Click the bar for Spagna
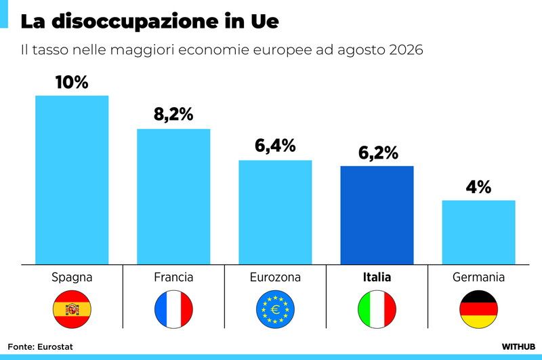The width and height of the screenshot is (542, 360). coord(72,180)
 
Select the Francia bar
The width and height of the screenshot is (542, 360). coord(173,197)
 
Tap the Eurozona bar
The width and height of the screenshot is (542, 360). coord(275,212)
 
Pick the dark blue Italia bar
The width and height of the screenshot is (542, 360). coord(377,215)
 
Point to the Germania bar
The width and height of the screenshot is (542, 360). coord(479,233)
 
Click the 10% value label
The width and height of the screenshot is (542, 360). coord(72,82)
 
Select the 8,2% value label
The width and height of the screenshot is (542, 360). coord(173,115)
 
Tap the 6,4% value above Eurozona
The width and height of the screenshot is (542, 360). coord(275,146)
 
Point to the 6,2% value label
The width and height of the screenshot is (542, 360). coord(378,153)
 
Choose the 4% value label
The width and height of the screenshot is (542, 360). coord(479,187)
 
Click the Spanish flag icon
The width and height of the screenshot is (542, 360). coord(72,309)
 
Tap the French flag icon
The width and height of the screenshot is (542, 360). coord(173,309)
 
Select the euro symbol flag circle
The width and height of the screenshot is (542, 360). coord(275,309)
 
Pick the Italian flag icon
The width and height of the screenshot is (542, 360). coord(377,309)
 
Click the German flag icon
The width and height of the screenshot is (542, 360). coord(479,309)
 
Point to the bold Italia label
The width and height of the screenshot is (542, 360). coord(377,277)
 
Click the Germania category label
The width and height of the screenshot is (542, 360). coord(479,277)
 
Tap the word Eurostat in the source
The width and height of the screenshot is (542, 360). coord(55,347)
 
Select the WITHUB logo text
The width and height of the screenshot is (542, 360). coord(518,347)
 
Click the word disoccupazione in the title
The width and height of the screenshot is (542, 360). coord(135,22)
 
